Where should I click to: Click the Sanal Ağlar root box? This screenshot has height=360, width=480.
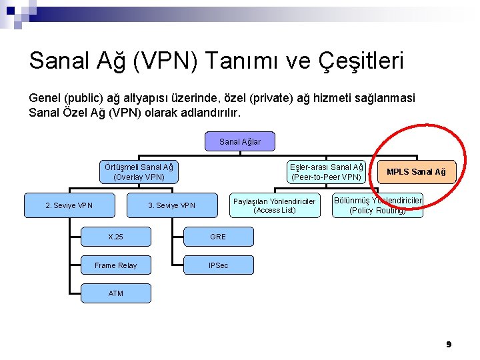click(x=240, y=141)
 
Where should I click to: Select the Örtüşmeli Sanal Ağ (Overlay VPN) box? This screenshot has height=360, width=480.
click(x=139, y=172)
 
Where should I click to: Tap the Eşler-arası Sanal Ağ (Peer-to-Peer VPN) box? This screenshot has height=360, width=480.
click(x=327, y=172)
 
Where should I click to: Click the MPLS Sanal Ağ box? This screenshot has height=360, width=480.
click(x=417, y=172)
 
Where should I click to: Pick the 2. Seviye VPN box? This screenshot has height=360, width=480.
click(x=69, y=205)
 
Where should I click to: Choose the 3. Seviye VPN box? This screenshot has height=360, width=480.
click(x=171, y=205)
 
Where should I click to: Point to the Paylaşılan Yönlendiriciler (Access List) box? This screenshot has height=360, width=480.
click(x=274, y=205)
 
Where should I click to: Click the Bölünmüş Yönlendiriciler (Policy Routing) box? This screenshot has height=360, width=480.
click(x=377, y=205)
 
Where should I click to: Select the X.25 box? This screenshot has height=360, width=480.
click(x=115, y=237)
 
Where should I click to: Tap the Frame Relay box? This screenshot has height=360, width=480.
click(x=115, y=265)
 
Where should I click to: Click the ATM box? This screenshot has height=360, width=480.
click(x=115, y=293)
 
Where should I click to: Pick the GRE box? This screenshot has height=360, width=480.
click(x=218, y=237)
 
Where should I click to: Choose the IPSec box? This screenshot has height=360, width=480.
click(x=218, y=265)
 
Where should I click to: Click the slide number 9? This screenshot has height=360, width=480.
click(x=449, y=344)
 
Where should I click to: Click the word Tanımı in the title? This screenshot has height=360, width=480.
click(x=245, y=61)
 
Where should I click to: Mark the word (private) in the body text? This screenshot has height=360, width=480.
click(x=272, y=98)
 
